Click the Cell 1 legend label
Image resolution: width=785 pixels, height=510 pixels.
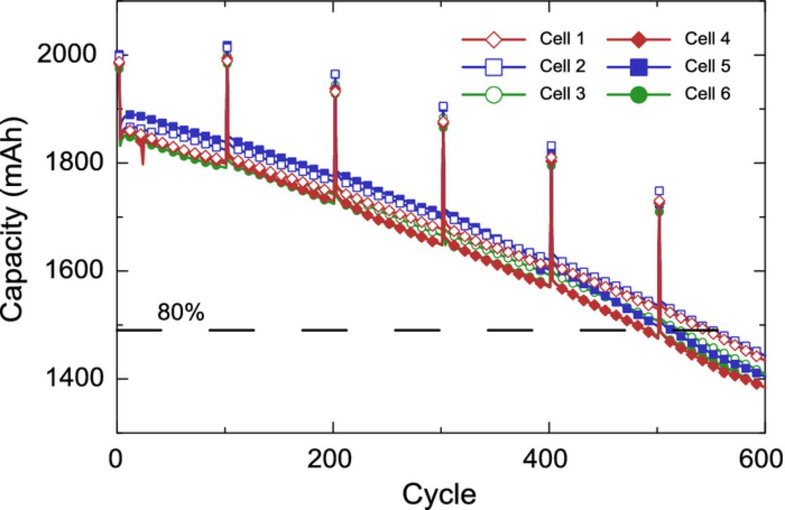click(x=561, y=39)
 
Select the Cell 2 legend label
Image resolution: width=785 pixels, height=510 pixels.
click(x=561, y=66)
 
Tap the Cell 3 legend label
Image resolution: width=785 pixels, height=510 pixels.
click(x=561, y=94)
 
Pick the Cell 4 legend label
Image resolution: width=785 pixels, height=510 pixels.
click(x=707, y=39)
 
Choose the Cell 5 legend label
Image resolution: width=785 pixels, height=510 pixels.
click(x=707, y=66)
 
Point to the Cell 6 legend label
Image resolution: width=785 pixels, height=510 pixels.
click(x=707, y=94)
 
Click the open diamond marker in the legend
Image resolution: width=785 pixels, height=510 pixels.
click(x=493, y=40)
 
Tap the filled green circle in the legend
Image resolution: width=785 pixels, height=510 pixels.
click(x=639, y=95)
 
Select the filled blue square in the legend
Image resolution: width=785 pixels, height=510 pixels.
click(x=639, y=67)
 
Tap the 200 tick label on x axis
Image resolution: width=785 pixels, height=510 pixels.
click(x=331, y=459)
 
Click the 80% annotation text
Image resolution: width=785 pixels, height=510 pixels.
click(x=181, y=313)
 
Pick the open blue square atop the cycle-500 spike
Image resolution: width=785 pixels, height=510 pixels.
click(x=659, y=191)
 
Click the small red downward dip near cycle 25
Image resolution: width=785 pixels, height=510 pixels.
click(x=143, y=161)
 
